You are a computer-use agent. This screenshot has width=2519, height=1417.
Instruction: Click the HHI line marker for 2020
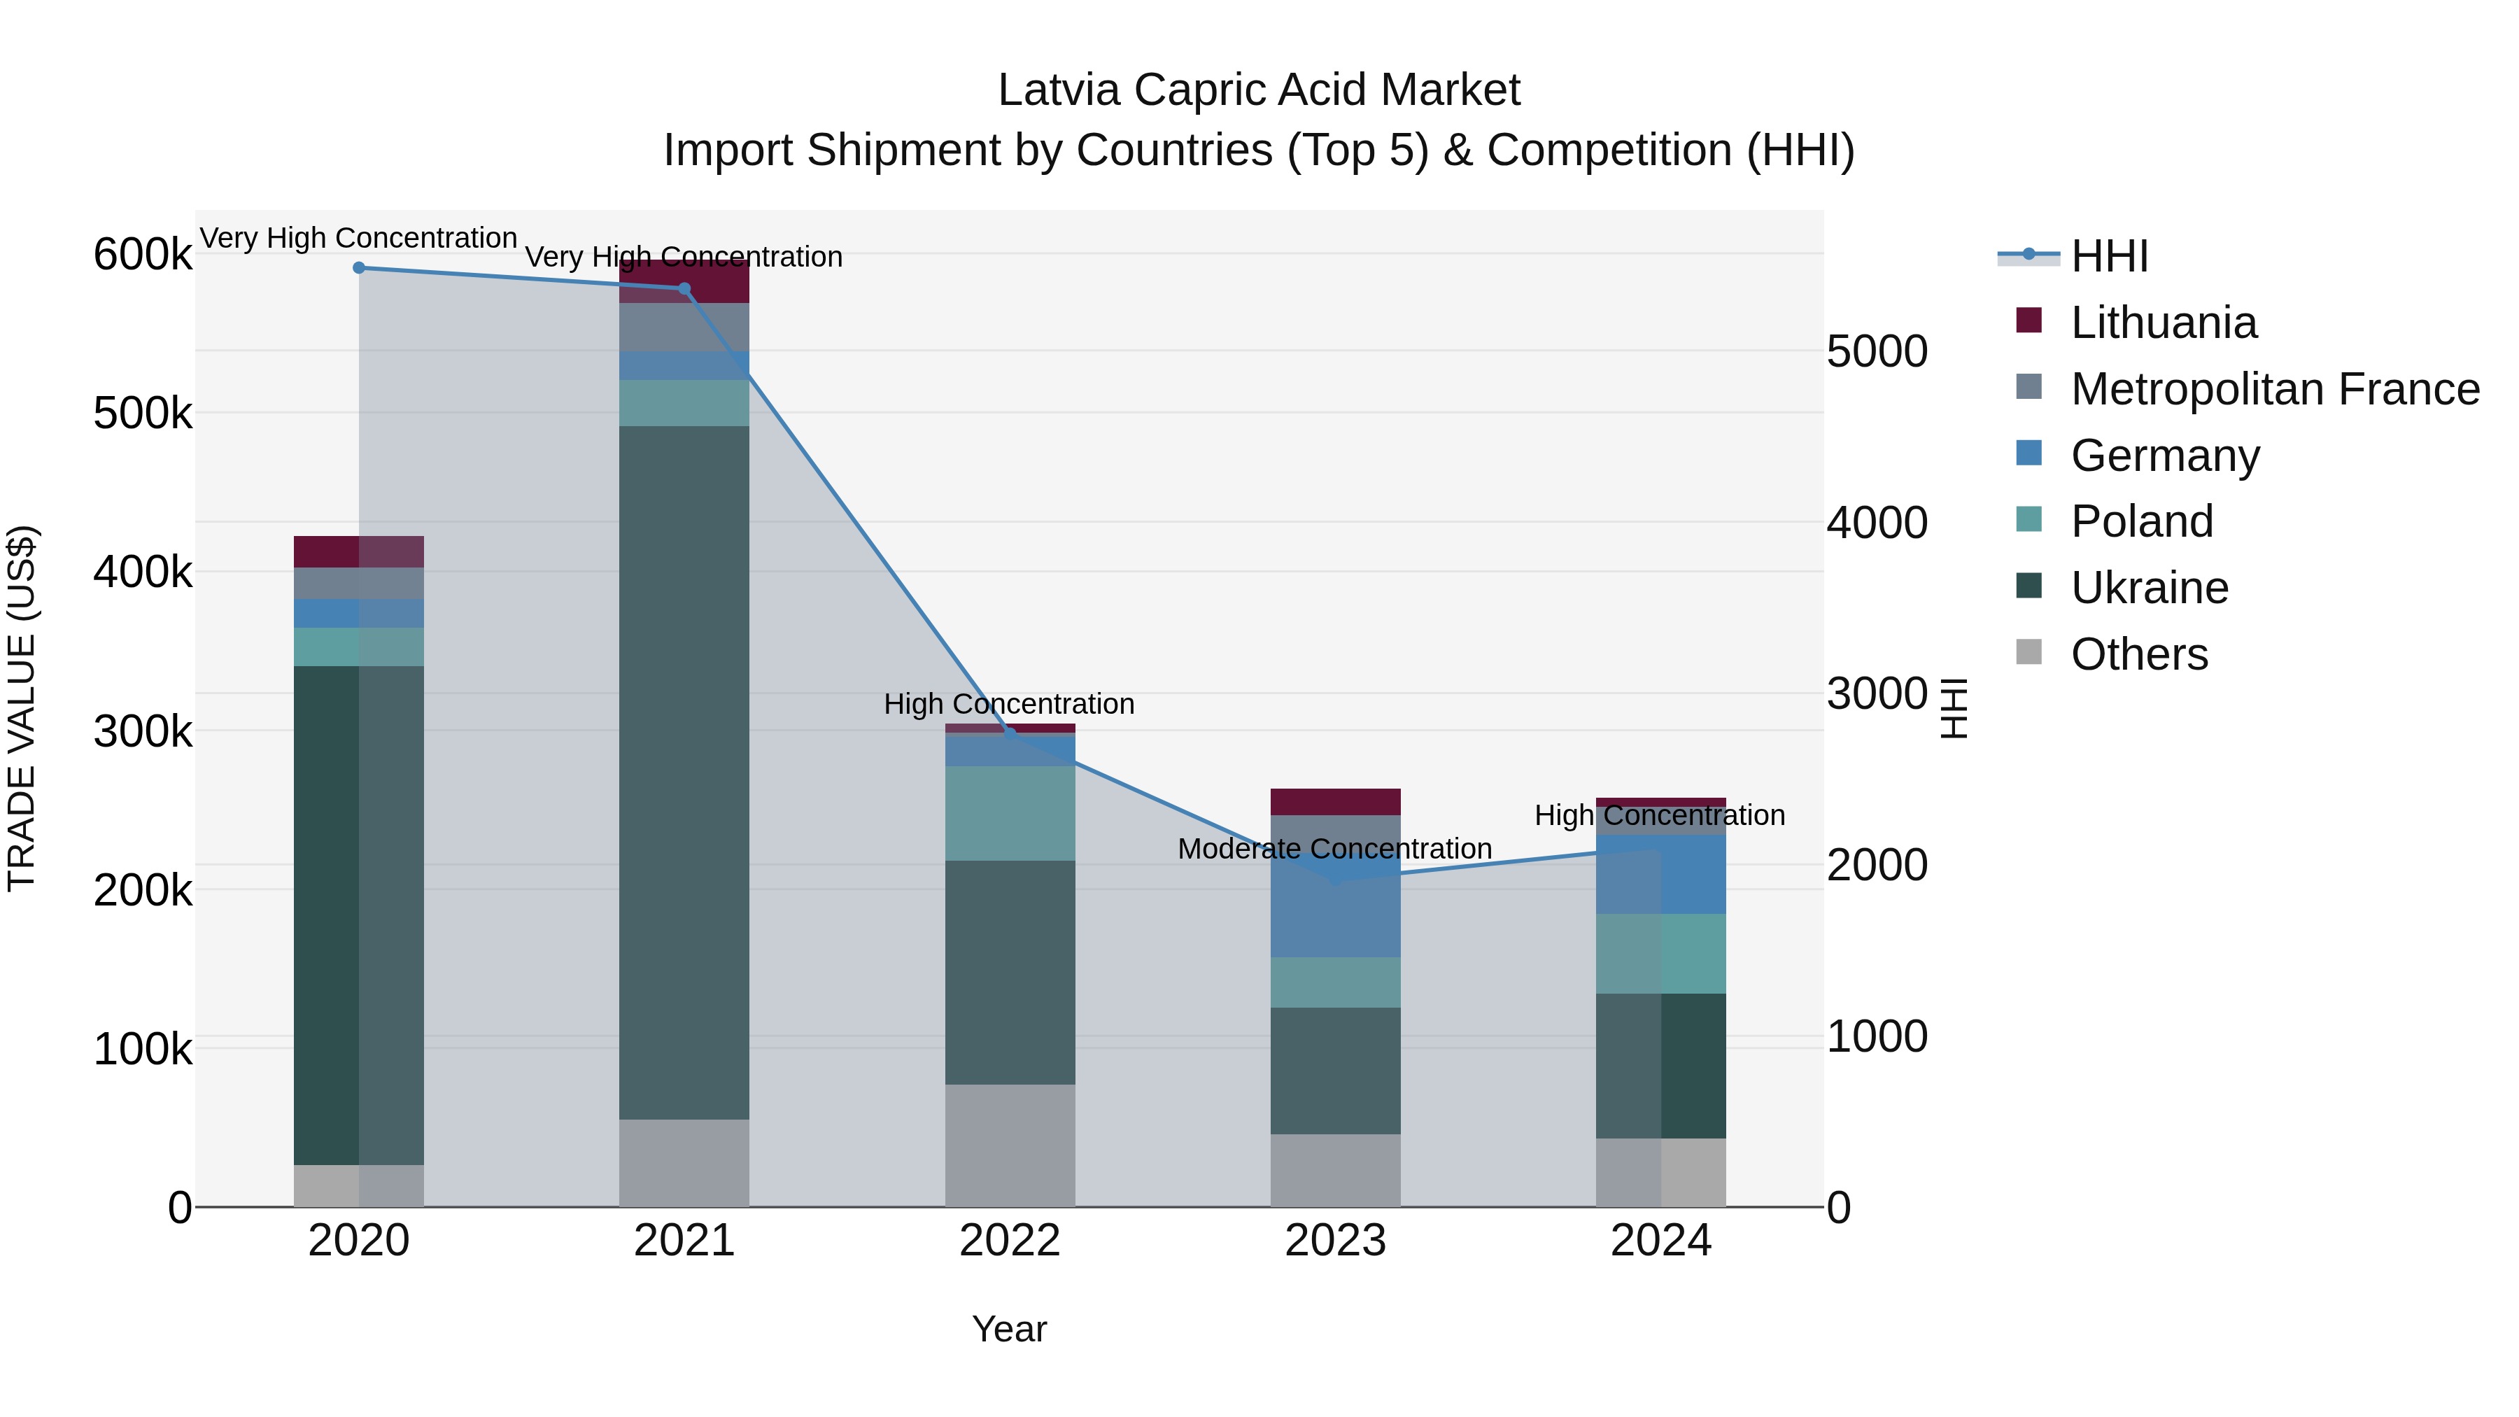(x=359, y=268)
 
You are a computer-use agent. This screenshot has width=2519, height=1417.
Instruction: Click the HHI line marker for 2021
(x=684, y=288)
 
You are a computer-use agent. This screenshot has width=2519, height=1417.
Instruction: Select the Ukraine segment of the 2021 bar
(x=684, y=773)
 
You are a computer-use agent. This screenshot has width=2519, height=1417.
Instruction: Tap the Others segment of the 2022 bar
(x=1010, y=1145)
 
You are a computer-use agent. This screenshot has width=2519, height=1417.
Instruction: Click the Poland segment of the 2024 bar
(x=1660, y=954)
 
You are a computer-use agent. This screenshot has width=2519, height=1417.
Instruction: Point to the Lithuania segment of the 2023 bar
(x=1336, y=802)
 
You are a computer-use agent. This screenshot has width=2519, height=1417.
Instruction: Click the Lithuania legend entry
(x=2163, y=323)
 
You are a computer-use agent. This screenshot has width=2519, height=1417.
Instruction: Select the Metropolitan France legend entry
(x=2275, y=389)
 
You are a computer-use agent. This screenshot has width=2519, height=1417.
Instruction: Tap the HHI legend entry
(x=2108, y=256)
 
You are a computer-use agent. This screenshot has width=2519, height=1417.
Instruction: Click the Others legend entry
(x=2138, y=654)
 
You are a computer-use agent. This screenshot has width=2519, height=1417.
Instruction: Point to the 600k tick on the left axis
(x=143, y=255)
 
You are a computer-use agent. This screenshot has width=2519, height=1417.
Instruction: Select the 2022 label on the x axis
(x=1010, y=1241)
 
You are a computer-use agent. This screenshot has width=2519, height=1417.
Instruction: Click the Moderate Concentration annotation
(x=1335, y=849)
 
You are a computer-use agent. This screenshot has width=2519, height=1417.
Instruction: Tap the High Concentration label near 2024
(x=1660, y=816)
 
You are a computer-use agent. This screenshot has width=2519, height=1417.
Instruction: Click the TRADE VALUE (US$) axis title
(x=22, y=708)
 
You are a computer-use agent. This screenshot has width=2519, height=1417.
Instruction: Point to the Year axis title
(x=1009, y=1329)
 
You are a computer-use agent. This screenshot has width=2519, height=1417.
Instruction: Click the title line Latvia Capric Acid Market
(x=1259, y=90)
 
